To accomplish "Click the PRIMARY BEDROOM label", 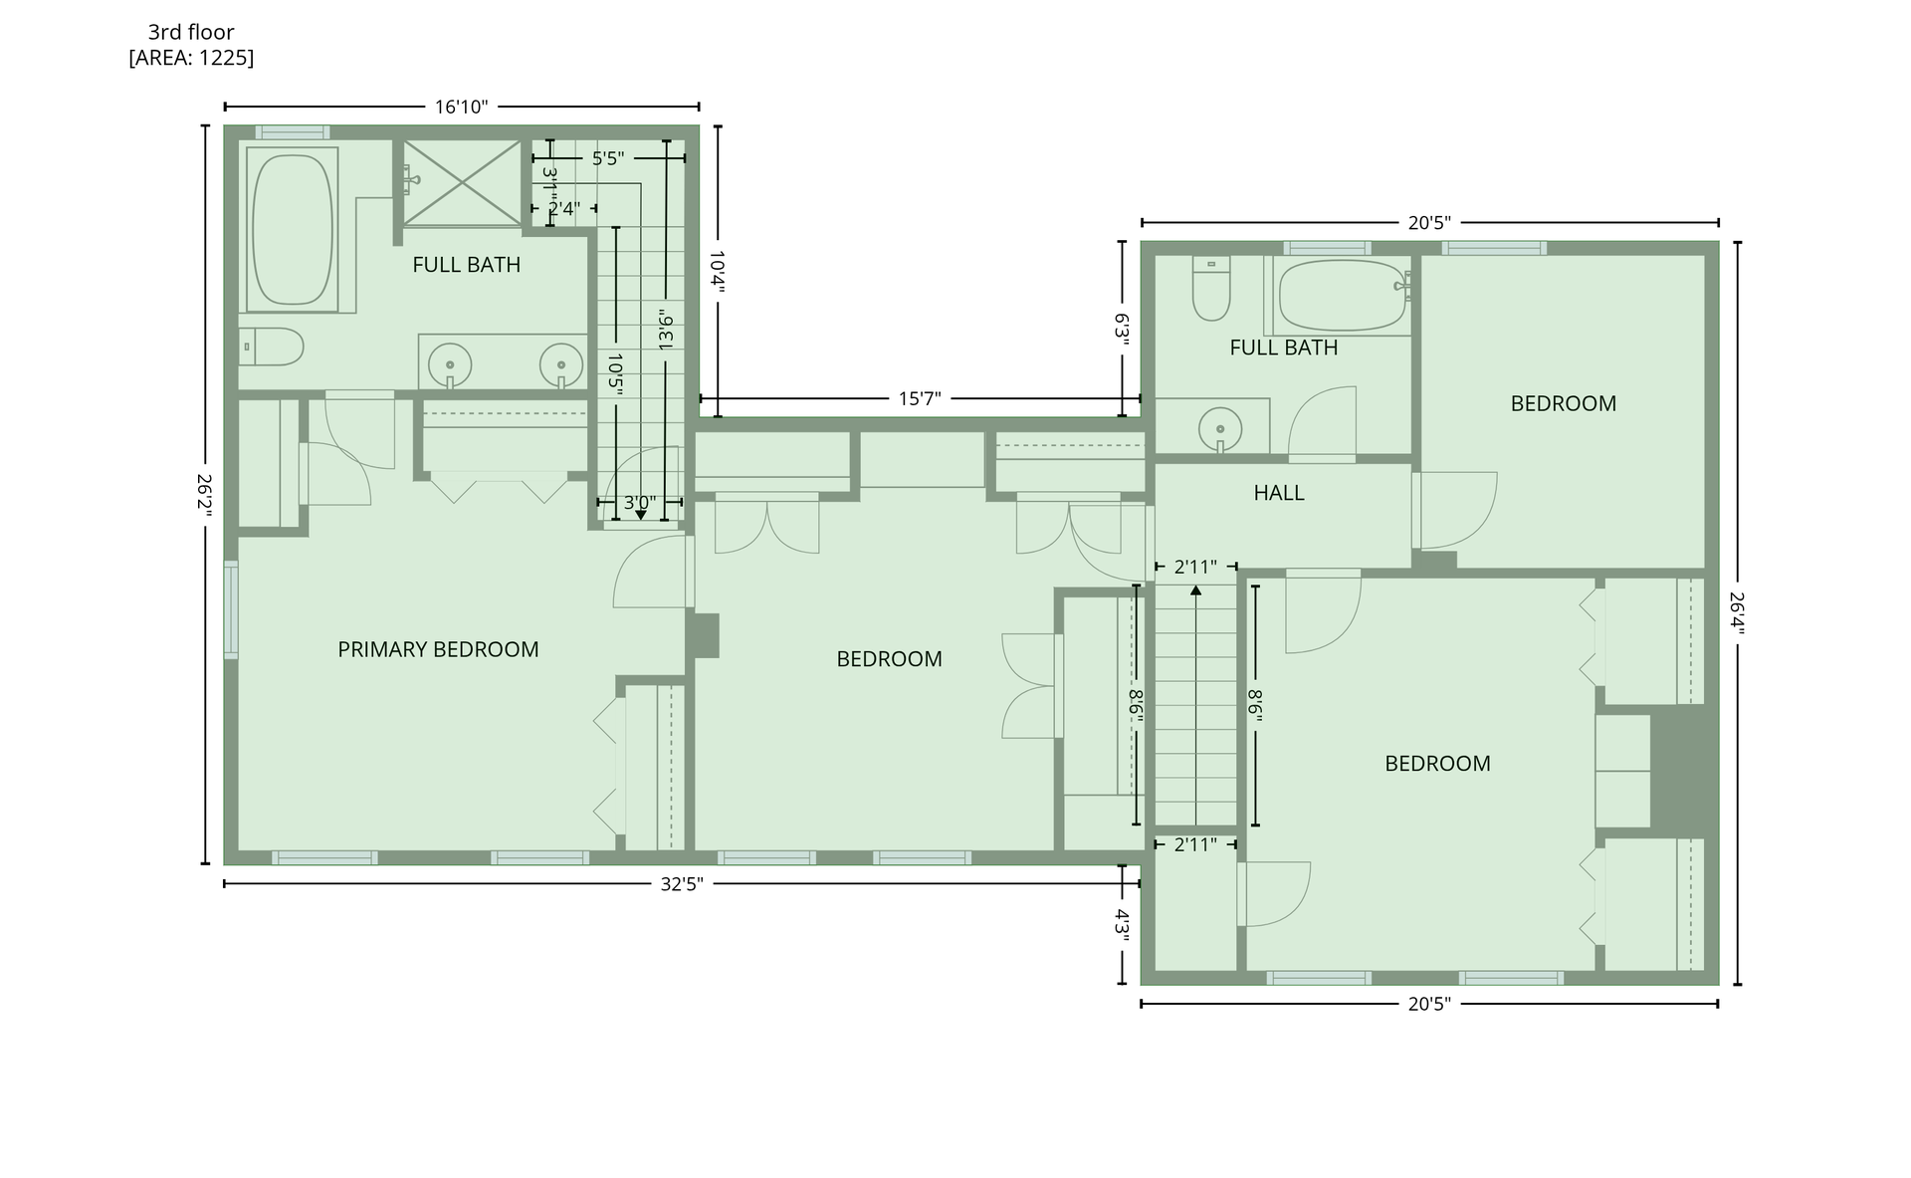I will point(438,649).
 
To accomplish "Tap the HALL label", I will point(1279,493).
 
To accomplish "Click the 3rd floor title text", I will point(191,32).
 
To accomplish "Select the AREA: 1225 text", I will point(191,58).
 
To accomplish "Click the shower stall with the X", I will point(462,182).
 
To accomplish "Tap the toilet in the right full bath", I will point(1211,289).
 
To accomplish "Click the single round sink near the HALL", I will point(1220,429).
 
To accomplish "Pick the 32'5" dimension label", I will point(682,884).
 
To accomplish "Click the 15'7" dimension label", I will point(920,399).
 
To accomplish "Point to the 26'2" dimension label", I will point(205,495).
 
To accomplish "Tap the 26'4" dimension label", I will point(1737,612).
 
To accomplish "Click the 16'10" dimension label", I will point(462,107).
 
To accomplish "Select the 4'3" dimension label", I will point(1123,925).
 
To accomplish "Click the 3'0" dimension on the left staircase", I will point(639,503).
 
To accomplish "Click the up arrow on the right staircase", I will point(1195,591).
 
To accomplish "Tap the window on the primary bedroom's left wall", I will point(231,609).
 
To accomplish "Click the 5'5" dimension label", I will point(608,158).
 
